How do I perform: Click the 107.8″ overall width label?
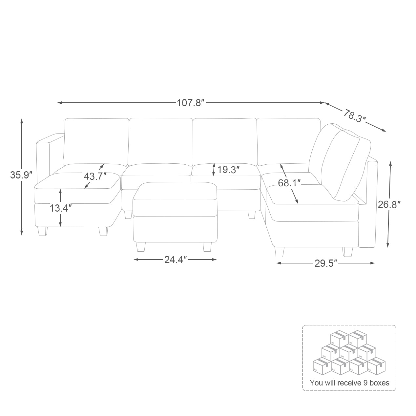tap(191, 103)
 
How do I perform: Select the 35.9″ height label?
tap(21, 175)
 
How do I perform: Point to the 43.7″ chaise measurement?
tap(95, 177)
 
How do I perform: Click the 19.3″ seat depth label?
tap(228, 170)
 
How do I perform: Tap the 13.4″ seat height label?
tap(61, 208)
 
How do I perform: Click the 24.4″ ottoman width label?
tap(176, 260)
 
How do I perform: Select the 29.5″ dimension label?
tap(326, 263)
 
